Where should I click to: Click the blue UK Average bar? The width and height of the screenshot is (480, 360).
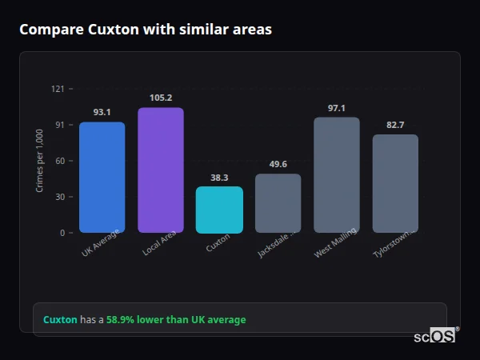pos(102,178)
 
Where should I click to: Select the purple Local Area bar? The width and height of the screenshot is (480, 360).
pos(161,170)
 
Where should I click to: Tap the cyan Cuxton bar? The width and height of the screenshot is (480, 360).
pos(219,210)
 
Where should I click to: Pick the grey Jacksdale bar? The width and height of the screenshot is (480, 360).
pos(278,203)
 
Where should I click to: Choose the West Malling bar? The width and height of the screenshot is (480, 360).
pos(336,175)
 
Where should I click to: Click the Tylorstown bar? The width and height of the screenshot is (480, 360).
pos(395,183)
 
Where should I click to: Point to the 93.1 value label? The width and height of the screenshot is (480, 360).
pos(102,112)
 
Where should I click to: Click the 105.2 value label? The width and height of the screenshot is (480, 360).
pos(161,98)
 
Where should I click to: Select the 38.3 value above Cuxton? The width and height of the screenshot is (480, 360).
pos(219,178)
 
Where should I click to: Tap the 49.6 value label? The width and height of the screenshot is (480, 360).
pos(278,164)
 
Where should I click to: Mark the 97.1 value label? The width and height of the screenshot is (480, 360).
pos(336,108)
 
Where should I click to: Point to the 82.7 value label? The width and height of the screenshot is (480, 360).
pos(395,125)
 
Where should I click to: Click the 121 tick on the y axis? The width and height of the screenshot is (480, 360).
pos(58,89)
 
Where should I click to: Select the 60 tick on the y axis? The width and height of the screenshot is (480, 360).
pos(59,161)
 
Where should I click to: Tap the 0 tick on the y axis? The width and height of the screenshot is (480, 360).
pos(62,233)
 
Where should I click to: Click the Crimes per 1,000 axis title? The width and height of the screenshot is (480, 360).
pos(40,161)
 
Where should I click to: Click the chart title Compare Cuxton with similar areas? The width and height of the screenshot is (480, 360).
pos(146,30)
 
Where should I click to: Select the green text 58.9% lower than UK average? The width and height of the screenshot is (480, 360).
pos(176,319)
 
